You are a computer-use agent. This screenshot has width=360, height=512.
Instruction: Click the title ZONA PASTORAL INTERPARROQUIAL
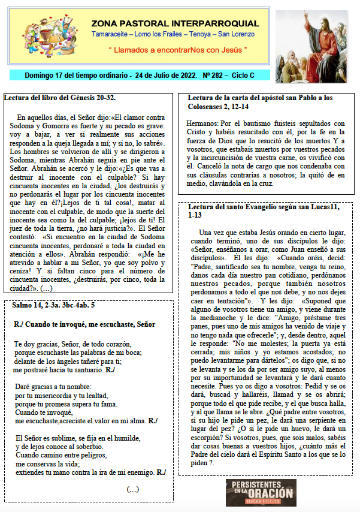coord(176,23)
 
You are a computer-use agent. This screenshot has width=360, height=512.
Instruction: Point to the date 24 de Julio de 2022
coord(167,76)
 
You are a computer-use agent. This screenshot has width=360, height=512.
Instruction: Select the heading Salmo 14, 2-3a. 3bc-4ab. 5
coord(53,305)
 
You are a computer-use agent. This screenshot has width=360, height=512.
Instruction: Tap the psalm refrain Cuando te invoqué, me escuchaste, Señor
coord(84,324)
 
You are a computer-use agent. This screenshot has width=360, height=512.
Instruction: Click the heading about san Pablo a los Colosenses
coord(260,101)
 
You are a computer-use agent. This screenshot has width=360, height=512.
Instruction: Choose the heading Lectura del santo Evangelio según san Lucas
coord(259,212)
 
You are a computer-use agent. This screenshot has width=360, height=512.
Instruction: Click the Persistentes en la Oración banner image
coord(261,492)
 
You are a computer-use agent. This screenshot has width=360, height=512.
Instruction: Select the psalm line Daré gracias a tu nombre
coord(50,387)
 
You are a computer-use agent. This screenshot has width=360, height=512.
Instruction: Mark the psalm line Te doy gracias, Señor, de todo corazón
coord(72,344)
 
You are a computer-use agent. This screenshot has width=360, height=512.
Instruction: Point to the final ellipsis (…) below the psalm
coord(133,489)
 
